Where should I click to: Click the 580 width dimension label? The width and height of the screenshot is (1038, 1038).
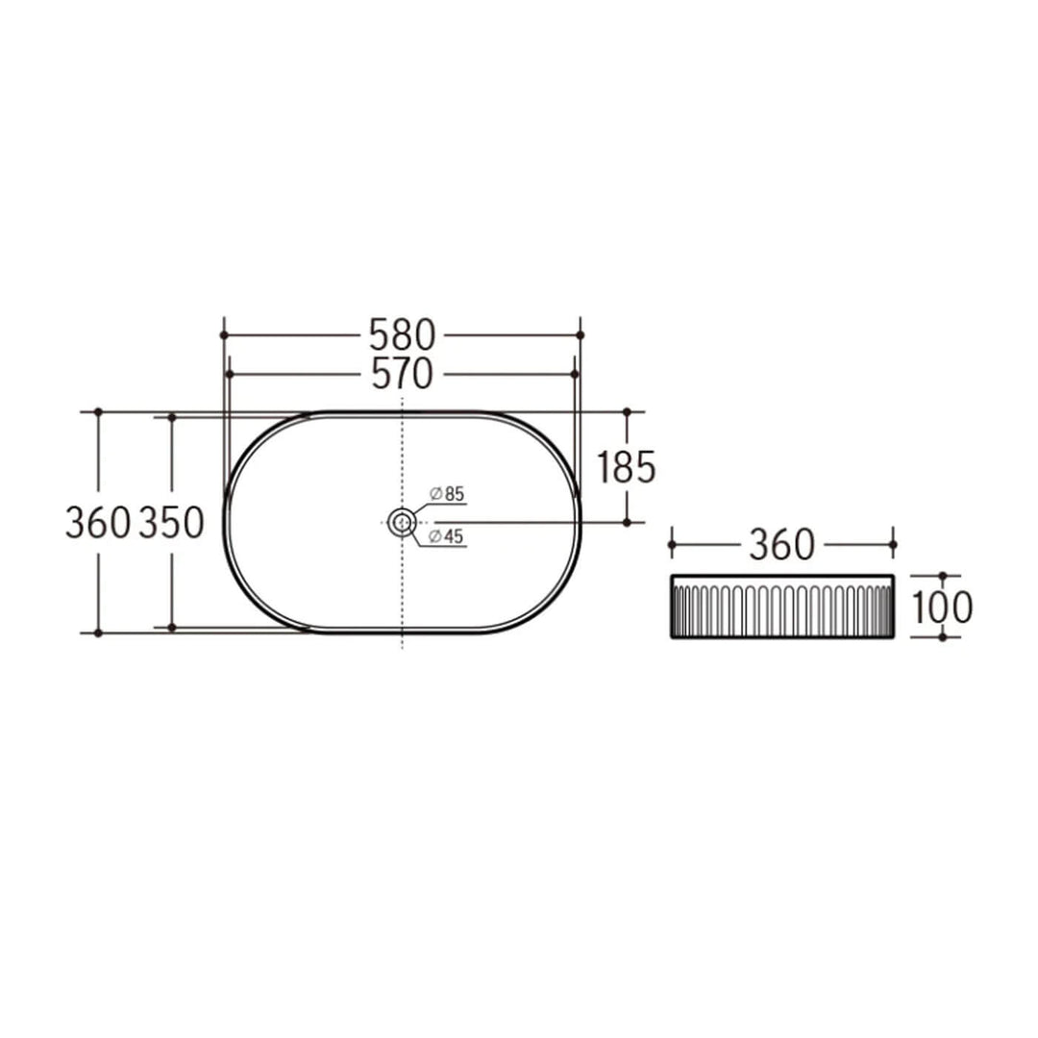point(403,334)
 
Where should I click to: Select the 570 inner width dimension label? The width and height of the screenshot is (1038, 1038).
point(403,373)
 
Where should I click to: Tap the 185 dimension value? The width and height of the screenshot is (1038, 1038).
point(627,467)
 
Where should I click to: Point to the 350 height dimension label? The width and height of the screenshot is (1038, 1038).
point(172,523)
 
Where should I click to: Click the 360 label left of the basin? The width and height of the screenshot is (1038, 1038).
point(97,523)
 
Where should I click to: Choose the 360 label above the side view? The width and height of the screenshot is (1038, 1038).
point(781,545)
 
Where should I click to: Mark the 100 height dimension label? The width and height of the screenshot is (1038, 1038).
point(942,606)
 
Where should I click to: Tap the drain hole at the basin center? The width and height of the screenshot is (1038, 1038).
point(403,523)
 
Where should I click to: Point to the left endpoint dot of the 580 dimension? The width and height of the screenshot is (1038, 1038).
point(223,334)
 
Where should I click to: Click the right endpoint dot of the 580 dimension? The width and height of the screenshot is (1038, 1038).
point(581,334)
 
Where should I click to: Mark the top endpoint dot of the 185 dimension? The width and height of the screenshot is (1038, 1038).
point(627,411)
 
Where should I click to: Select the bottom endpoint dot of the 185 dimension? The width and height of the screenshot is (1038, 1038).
point(627,522)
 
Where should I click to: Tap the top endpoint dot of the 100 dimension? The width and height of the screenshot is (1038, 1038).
point(942,576)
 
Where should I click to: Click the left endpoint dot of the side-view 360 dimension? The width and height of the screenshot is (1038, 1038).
point(671,545)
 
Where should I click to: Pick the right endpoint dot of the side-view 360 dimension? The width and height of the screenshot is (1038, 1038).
point(893,545)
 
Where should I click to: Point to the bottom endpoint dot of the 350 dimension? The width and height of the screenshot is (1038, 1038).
point(172,627)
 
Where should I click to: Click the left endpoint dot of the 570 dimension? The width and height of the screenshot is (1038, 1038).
point(230,373)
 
